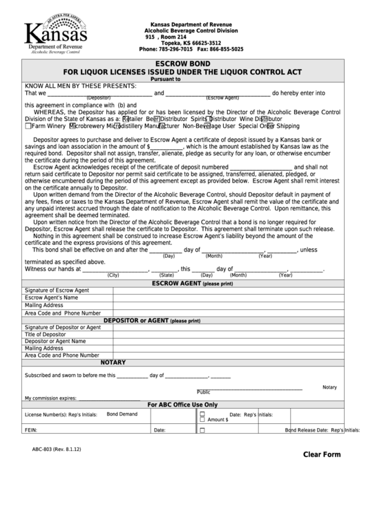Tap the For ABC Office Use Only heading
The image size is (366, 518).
tap(183, 405)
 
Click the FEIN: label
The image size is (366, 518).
tap(30, 429)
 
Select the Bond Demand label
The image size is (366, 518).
tap(122, 414)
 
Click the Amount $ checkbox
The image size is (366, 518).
tap(202, 420)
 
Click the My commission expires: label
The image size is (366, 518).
tap(50, 398)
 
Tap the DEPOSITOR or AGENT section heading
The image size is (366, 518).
tap(152, 320)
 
